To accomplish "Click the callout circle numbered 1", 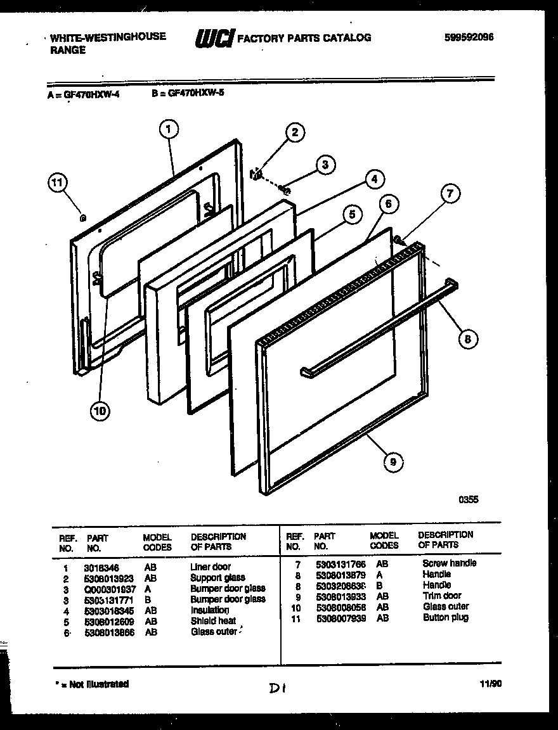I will pyautogui.click(x=168, y=130).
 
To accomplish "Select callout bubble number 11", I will pyautogui.click(x=57, y=183).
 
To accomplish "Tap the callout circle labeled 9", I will pyautogui.click(x=393, y=462).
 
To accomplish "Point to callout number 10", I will pyautogui.click(x=100, y=412).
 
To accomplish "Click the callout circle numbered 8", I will pyautogui.click(x=467, y=340).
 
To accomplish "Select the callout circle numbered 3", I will pyautogui.click(x=324, y=165).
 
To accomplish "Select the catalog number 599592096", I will pyautogui.click(x=469, y=37).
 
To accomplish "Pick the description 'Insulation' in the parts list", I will pyautogui.click(x=209, y=610).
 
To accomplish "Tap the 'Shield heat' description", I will pyautogui.click(x=212, y=621).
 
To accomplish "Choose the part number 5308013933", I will pyautogui.click(x=340, y=596).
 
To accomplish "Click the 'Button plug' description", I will pyautogui.click(x=445, y=618).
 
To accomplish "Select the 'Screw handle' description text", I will pyautogui.click(x=449, y=563).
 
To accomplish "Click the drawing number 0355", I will pyautogui.click(x=469, y=499).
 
